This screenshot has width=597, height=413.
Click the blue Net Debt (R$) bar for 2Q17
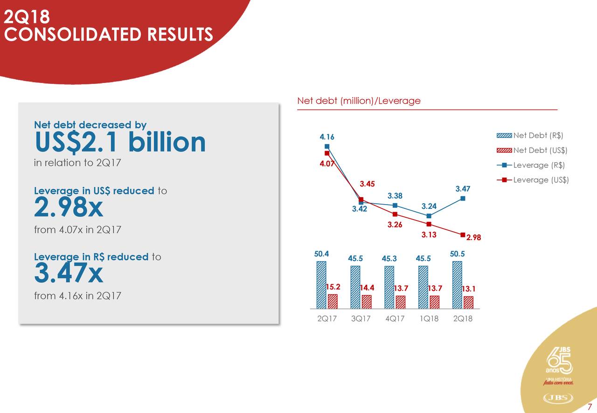coord(321,284)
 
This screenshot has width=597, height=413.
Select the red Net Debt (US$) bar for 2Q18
coord(468,303)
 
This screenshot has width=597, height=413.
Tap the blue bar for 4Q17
coord(389,287)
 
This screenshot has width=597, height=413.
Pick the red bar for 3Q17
coord(367,302)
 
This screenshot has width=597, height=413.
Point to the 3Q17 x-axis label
coord(361,319)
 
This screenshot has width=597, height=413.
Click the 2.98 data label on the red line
coord(473,238)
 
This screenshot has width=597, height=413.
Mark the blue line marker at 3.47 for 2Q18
coord(463,198)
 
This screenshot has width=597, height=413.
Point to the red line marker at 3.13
coord(429,224)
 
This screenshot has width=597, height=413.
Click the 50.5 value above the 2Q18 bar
coord(458,253)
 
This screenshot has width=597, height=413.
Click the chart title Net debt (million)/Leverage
coord(359,101)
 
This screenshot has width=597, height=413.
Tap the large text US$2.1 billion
coord(120,142)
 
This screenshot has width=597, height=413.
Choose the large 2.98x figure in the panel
coord(69,208)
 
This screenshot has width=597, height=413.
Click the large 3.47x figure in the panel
coord(69,274)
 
